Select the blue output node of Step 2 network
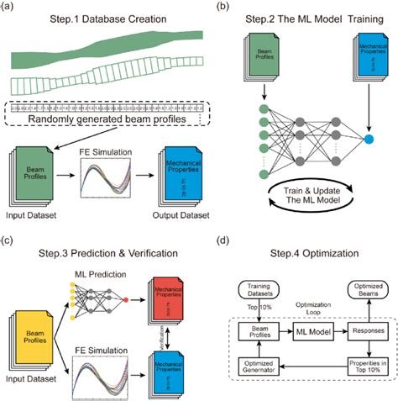[369, 136]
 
